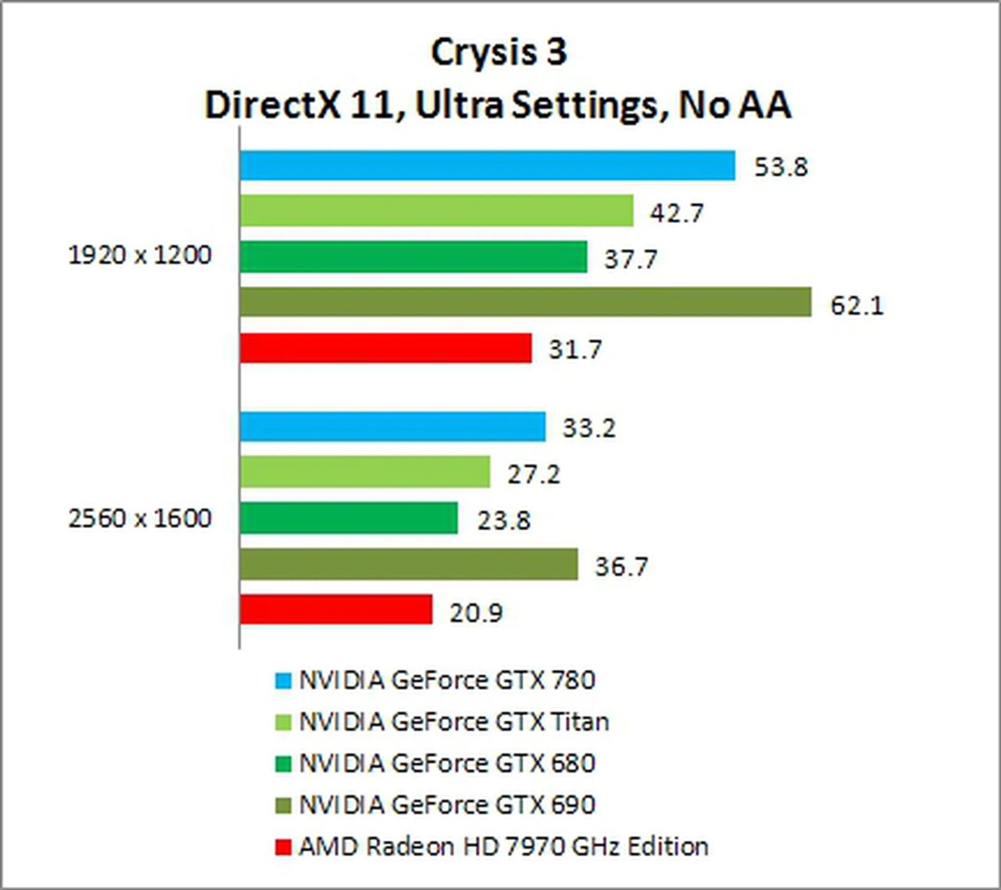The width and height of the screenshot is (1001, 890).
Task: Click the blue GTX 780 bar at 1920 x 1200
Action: (487, 165)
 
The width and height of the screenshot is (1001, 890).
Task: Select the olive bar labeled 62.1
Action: (526, 302)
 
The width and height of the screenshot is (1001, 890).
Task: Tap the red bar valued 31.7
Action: (386, 348)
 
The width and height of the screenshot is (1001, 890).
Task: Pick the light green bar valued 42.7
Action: (437, 211)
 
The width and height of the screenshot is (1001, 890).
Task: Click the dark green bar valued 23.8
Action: (349, 518)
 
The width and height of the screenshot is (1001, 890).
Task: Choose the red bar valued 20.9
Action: (336, 609)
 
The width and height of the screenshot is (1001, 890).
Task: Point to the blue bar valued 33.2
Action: (393, 427)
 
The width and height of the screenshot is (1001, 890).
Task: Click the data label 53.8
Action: (781, 167)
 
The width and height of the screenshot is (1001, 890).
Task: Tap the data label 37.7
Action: (630, 259)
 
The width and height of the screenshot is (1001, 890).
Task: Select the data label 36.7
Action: (621, 566)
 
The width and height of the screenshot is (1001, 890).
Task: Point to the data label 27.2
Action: (533, 474)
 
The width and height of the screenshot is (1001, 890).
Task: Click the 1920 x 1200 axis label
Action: (140, 256)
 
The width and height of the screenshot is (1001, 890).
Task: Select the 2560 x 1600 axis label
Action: (140, 519)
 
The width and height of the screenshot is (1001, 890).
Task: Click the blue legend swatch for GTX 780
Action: (283, 681)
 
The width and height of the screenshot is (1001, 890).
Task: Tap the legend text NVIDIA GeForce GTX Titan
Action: (454, 722)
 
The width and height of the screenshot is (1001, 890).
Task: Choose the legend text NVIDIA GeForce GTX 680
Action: (447, 763)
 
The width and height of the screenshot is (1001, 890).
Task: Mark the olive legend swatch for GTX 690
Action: (283, 805)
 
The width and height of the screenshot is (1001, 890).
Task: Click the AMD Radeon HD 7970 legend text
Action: (503, 846)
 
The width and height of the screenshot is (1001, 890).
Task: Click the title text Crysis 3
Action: (499, 52)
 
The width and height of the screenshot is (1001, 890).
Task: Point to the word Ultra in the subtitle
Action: (459, 105)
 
